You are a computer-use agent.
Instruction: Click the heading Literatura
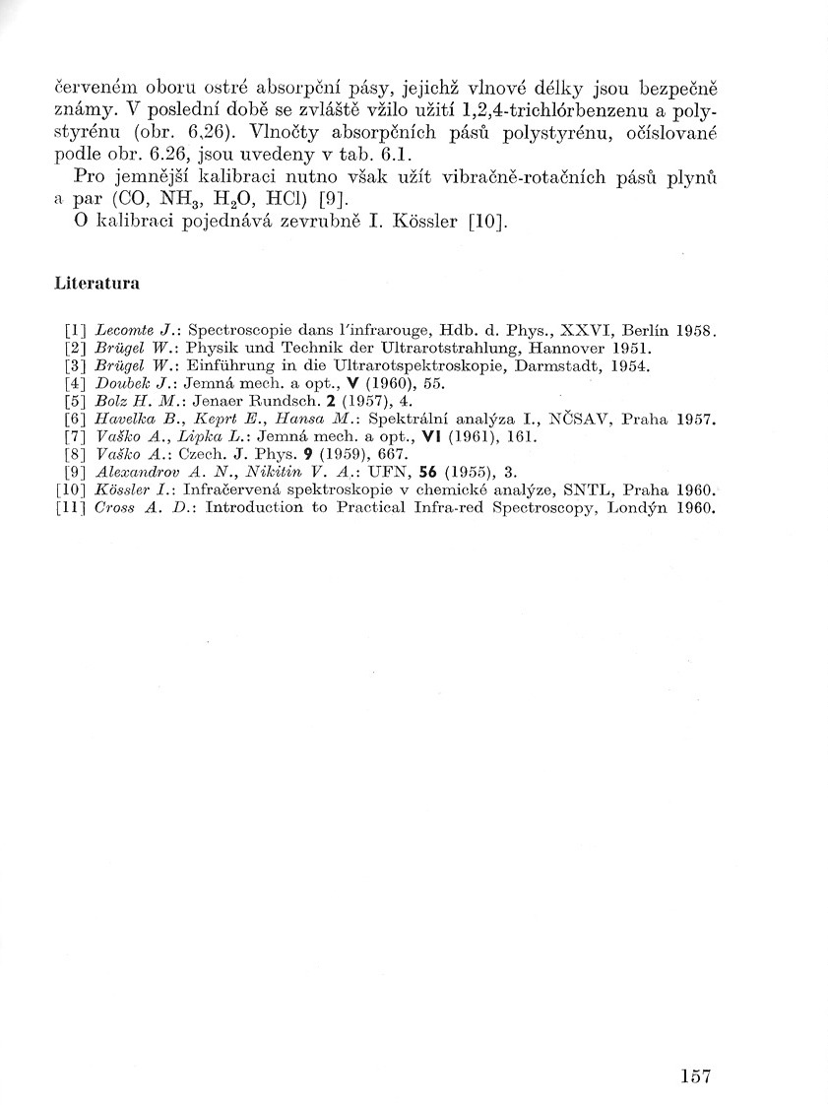click(x=96, y=284)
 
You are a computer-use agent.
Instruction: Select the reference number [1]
click(x=74, y=330)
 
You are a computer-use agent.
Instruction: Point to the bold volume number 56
click(x=427, y=472)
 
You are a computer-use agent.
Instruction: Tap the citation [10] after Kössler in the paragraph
click(x=489, y=224)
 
